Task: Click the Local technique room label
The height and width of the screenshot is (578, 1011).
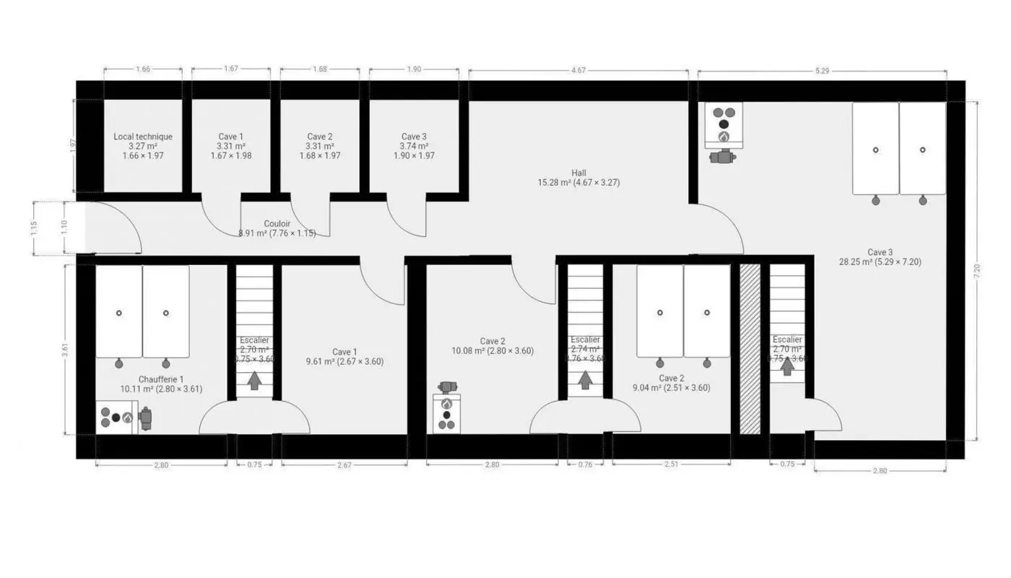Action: [x=143, y=137]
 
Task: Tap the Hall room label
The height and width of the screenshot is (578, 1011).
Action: [x=578, y=173]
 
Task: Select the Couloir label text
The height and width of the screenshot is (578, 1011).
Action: [x=277, y=224]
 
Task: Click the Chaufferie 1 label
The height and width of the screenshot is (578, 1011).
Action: [x=161, y=379]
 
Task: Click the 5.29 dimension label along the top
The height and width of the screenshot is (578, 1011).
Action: [x=821, y=70]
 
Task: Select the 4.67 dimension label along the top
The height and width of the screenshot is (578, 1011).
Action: [x=578, y=70]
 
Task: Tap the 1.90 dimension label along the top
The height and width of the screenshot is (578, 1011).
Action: [x=414, y=69]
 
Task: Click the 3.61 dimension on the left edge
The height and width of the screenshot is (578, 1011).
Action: [x=66, y=349]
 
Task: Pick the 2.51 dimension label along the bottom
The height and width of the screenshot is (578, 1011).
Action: [x=671, y=465]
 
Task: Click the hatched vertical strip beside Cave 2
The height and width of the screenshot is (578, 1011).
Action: [x=750, y=349]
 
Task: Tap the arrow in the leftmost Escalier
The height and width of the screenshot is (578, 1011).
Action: [x=254, y=380]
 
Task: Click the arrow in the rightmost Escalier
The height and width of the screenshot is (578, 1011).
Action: [x=787, y=366]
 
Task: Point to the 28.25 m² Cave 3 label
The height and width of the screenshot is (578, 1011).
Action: [x=880, y=262]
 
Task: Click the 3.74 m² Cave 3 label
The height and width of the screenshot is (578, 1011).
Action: [x=414, y=146]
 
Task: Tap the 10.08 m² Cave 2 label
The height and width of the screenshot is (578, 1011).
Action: [x=493, y=350]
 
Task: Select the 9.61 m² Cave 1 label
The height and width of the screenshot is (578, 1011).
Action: [x=344, y=361]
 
